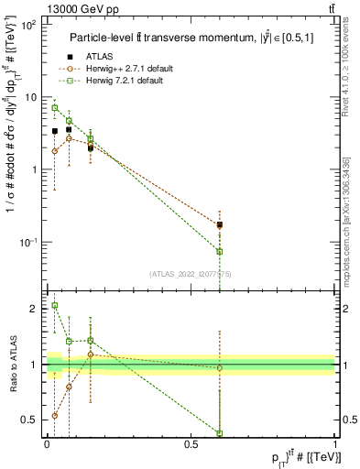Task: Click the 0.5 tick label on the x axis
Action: click(191, 444)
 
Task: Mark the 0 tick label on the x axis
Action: click(47, 444)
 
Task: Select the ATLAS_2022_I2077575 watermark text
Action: click(190, 274)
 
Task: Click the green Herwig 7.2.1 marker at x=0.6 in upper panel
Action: click(220, 251)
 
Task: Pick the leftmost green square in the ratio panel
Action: click(55, 306)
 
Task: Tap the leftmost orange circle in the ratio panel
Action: click(55, 415)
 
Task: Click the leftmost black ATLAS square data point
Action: click(55, 131)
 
